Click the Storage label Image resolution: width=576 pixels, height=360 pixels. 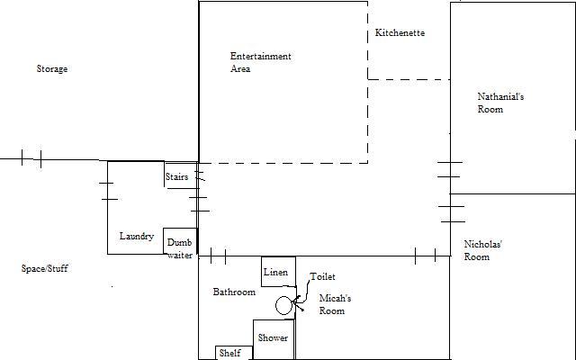[52, 69]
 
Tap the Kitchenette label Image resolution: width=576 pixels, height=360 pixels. [400, 32]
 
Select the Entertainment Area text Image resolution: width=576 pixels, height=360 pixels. [260, 62]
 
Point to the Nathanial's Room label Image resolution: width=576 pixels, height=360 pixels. [500, 103]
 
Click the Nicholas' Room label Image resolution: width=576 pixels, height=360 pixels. [482, 250]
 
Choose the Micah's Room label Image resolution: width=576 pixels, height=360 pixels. [335, 304]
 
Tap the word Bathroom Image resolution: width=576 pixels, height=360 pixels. [234, 292]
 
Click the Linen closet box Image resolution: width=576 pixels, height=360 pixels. [278, 272]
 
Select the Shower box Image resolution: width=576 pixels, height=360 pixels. [274, 339]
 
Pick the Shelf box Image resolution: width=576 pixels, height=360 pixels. [234, 353]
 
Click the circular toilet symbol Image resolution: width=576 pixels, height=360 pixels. [283, 305]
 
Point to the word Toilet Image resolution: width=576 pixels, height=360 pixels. [322, 276]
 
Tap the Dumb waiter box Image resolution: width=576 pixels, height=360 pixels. [180, 241]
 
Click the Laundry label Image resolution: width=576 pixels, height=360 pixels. [137, 236]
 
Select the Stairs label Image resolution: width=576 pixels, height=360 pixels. [176, 176]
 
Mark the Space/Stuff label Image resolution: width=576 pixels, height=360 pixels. [45, 268]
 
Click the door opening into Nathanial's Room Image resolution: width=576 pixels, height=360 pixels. [450, 169]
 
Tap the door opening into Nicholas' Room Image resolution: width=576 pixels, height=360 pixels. [452, 214]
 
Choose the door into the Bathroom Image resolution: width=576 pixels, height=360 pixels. [218, 256]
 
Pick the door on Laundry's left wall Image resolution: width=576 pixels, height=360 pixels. [108, 191]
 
